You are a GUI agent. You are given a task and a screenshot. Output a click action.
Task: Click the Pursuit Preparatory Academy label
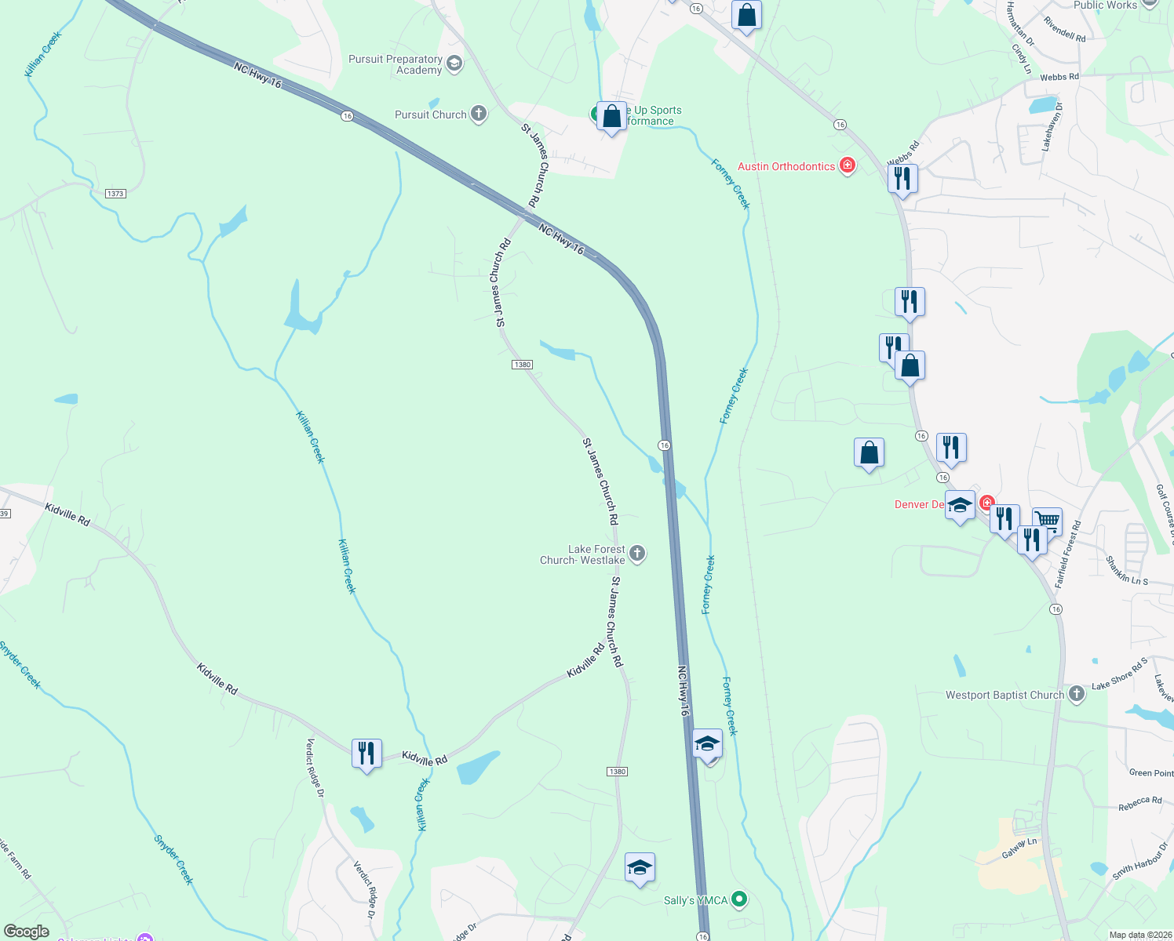coord(396,64)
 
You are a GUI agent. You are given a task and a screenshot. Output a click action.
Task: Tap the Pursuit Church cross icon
coord(478,114)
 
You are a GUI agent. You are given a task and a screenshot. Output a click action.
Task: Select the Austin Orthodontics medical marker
coord(847,165)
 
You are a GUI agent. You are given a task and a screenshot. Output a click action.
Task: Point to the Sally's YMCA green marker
coord(738,899)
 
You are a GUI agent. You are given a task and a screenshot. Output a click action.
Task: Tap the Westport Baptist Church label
coord(1004,695)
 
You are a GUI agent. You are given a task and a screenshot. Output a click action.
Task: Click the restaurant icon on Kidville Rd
coord(366,754)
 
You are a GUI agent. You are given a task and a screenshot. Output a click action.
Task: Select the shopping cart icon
coord(1047,520)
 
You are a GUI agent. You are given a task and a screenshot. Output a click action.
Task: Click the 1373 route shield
coord(115,193)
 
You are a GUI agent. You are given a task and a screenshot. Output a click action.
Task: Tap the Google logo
coord(27,931)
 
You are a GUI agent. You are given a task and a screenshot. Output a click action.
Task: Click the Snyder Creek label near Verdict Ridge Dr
coord(173,859)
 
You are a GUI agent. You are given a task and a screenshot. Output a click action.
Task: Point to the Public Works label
coord(1105,5)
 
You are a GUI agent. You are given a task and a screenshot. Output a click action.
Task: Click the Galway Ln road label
coord(1019,848)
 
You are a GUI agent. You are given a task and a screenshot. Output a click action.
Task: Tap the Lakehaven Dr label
coord(1052,126)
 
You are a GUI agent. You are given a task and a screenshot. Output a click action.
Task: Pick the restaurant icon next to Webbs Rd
coord(903,179)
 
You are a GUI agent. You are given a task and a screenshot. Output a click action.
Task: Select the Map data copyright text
coord(1138,935)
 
